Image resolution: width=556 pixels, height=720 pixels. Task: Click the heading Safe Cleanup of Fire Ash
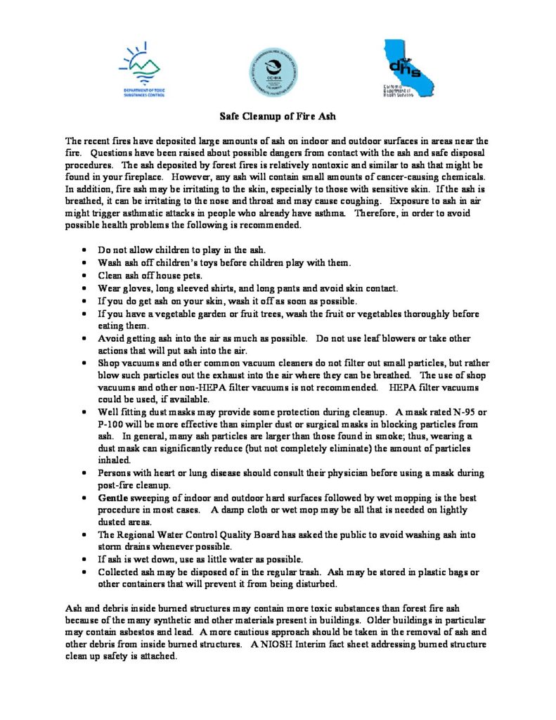click(x=278, y=117)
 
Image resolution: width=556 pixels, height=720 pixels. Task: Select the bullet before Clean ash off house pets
click(x=85, y=276)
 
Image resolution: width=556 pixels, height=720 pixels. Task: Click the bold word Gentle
click(x=114, y=498)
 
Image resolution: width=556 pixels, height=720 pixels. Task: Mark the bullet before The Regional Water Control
click(x=85, y=534)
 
